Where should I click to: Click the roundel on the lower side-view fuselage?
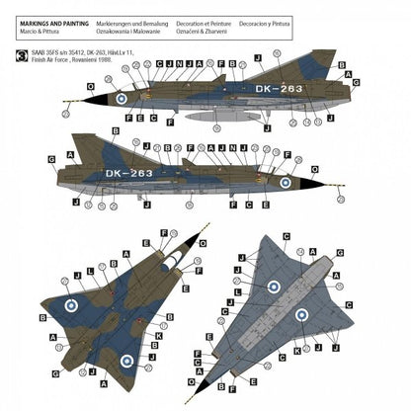285,183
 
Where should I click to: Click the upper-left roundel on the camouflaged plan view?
72,305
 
